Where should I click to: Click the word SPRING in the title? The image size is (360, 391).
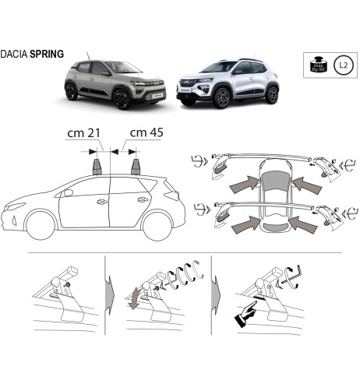point(49,56)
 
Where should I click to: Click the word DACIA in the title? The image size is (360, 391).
point(17,56)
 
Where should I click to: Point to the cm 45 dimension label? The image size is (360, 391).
point(146,134)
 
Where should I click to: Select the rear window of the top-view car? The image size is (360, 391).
point(274,227)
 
